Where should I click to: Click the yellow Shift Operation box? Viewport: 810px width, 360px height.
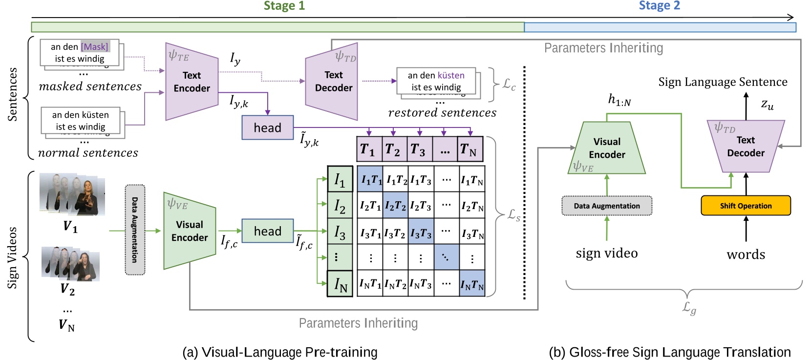[x=746, y=206]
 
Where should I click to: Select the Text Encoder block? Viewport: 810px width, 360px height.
[x=192, y=82]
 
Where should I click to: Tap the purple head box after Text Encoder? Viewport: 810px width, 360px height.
[x=267, y=127]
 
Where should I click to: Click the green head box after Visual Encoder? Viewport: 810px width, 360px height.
[x=267, y=231]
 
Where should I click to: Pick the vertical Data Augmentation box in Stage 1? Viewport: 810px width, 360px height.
[x=135, y=230]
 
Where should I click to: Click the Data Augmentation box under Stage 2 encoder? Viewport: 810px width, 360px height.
[x=607, y=206]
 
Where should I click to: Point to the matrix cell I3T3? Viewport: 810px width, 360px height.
[x=421, y=233]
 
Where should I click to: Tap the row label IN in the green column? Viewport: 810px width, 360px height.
[x=340, y=284]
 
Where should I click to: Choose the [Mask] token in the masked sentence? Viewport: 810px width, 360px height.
[x=95, y=46]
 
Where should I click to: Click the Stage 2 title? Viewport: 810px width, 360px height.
[x=659, y=6]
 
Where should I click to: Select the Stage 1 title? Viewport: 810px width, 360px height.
[x=284, y=6]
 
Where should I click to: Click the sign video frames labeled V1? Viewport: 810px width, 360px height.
[x=72, y=194]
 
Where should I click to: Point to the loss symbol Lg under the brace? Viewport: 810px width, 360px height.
[x=689, y=308]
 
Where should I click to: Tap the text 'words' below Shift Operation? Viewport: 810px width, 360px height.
[x=746, y=254]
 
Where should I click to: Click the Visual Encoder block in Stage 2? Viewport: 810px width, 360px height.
[x=607, y=148]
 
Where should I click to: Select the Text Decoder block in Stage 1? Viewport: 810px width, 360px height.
[x=333, y=82]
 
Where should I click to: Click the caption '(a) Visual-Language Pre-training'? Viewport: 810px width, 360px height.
[x=279, y=352]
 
